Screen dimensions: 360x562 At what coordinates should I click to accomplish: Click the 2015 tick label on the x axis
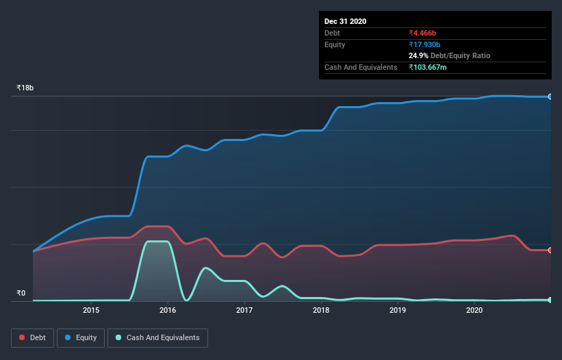tap(91, 311)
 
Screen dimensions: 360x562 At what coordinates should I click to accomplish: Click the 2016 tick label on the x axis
tap(168, 311)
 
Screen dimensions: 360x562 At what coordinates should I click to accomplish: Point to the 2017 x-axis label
tap(244, 311)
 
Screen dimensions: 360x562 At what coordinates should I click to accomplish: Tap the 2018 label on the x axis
tap(321, 311)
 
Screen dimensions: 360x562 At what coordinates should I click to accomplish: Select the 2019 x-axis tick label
tap(398, 311)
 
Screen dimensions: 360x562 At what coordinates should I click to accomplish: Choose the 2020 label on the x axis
tap(474, 311)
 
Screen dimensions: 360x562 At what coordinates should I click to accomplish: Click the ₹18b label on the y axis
tap(25, 88)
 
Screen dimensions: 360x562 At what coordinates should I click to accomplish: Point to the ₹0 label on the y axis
tap(21, 294)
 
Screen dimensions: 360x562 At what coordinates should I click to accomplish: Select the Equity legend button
tap(81, 337)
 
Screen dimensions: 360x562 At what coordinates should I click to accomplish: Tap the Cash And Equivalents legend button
tap(157, 337)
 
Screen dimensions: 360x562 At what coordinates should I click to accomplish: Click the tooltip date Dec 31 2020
tap(346, 21)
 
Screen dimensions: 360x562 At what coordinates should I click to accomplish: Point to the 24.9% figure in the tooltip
tap(418, 55)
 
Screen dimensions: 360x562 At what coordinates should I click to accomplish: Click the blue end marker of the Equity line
tap(550, 97)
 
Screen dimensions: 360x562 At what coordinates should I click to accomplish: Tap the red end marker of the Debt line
tap(550, 250)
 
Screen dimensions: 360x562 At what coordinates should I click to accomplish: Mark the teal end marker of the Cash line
tap(550, 300)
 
